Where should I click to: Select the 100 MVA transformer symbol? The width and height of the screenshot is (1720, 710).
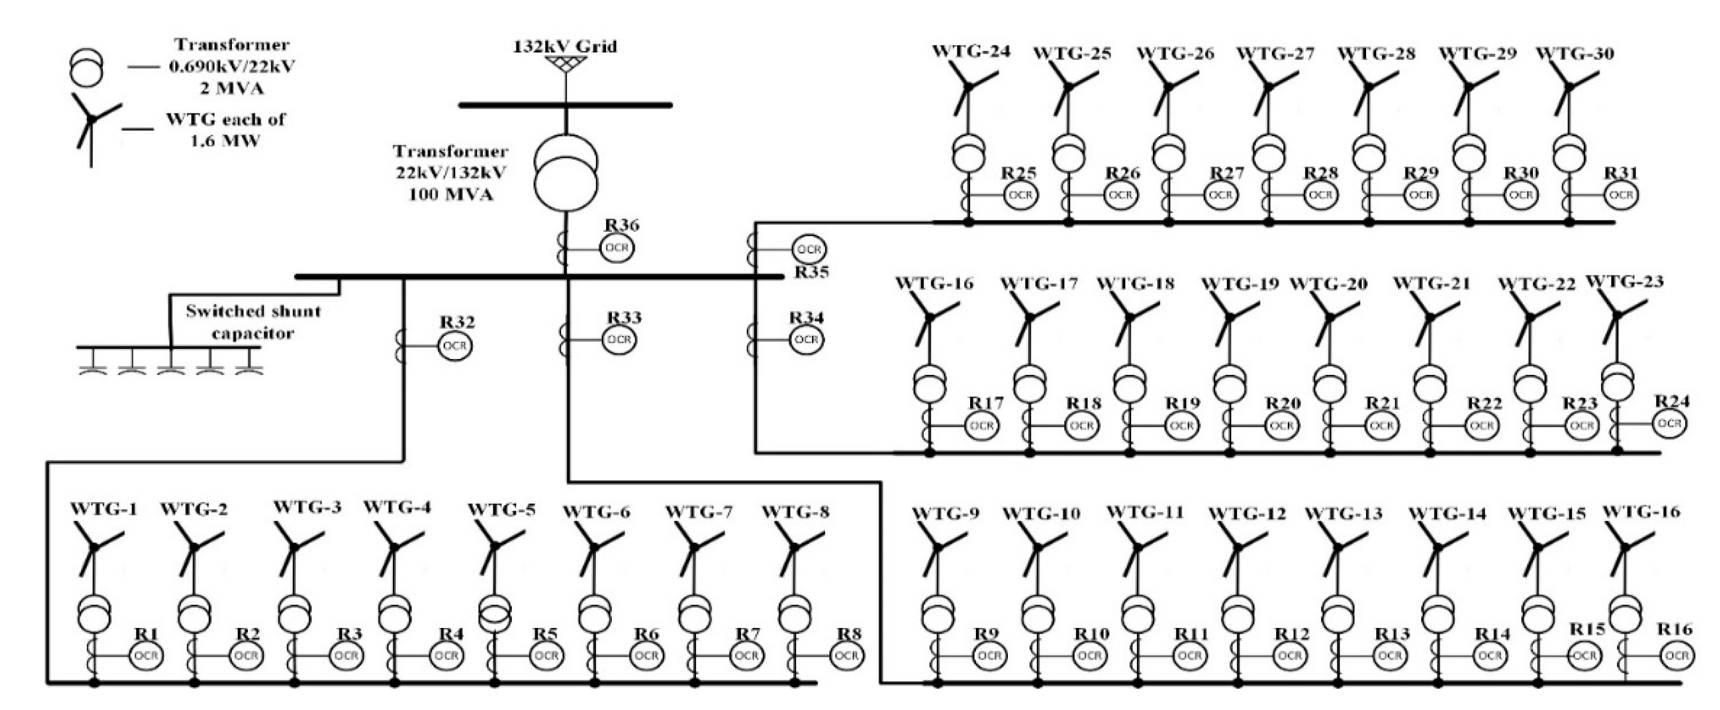[566, 173]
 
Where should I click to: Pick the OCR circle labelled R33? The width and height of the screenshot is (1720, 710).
[620, 340]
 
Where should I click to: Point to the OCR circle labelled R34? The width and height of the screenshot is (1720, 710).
[806, 340]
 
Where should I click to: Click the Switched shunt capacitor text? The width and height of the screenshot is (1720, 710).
[253, 322]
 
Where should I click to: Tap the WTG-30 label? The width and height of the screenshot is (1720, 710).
[1575, 53]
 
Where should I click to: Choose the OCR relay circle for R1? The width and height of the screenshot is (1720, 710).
[146, 656]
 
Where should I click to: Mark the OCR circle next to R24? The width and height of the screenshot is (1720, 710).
[1669, 423]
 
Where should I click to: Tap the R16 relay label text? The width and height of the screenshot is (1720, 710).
[1675, 629]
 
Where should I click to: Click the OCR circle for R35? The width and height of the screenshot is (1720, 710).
[809, 250]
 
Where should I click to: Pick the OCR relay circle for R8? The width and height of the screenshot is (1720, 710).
[846, 656]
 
